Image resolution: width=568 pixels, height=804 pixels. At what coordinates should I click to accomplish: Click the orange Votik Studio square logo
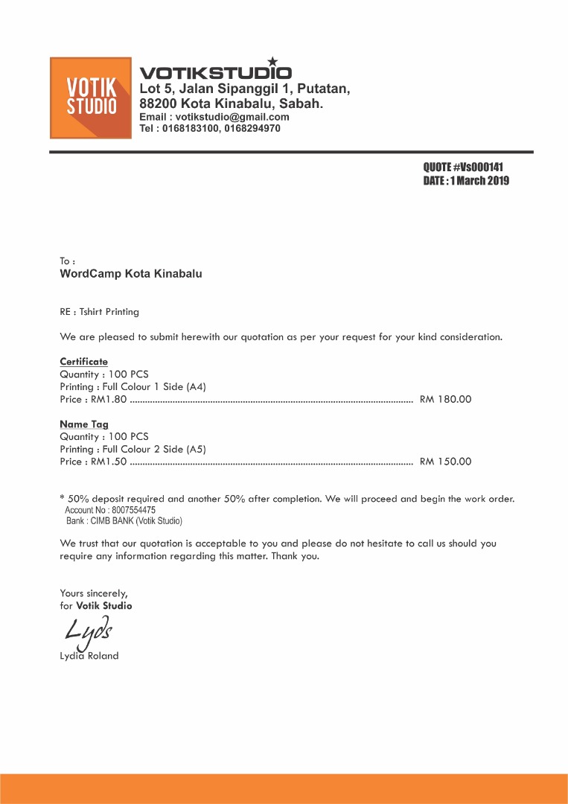[x=91, y=98]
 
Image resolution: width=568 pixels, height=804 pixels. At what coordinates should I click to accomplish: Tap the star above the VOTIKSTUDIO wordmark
[x=272, y=62]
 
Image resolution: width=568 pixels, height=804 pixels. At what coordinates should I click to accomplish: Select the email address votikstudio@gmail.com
[x=232, y=117]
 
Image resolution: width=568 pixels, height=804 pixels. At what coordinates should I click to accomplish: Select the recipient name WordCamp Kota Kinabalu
[x=130, y=273]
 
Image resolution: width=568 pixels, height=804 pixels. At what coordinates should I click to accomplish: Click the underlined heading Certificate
[x=83, y=362]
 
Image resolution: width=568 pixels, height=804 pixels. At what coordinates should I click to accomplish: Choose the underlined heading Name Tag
[x=83, y=424]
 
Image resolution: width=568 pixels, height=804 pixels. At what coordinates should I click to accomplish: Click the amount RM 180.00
[x=445, y=399]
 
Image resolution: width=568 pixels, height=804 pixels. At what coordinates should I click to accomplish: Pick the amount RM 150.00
[x=445, y=462]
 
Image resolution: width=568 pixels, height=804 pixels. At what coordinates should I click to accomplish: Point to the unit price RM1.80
[x=109, y=399]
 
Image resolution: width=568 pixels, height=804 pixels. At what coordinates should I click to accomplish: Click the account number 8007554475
[x=132, y=511]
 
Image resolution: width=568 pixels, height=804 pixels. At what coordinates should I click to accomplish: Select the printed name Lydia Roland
[x=89, y=656]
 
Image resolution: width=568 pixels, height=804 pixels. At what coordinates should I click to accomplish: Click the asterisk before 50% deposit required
[x=62, y=498]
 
